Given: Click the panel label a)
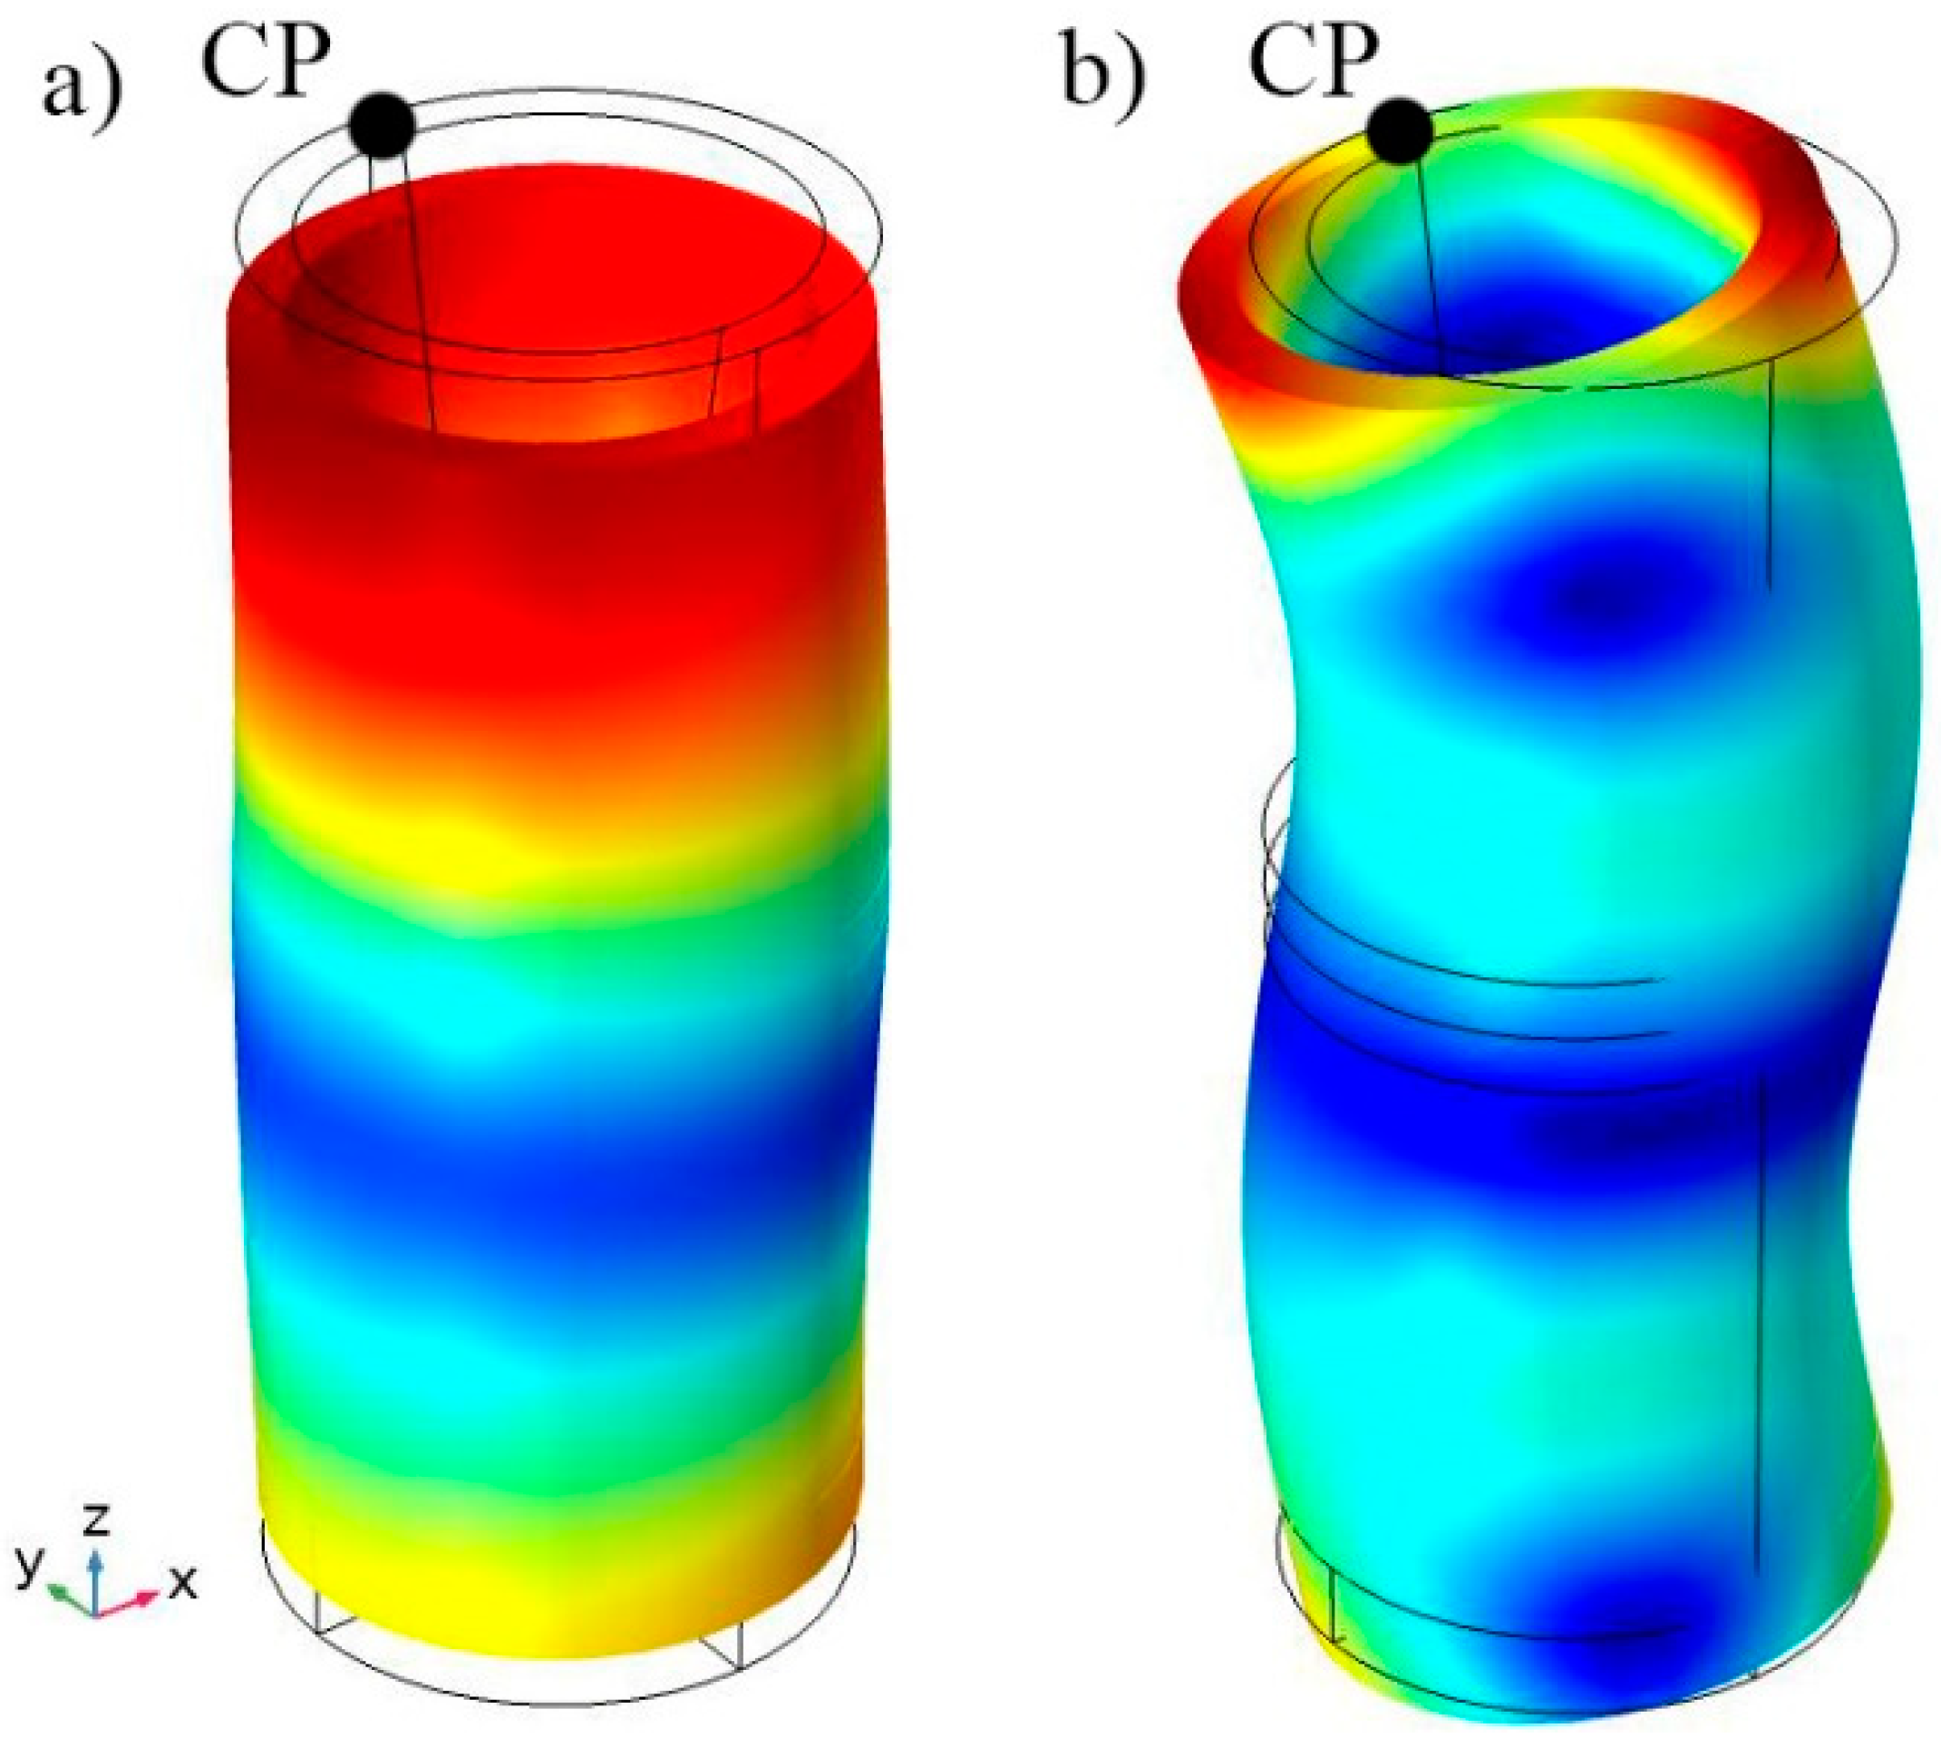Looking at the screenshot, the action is [82, 89].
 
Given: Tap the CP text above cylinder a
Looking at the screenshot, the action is [266, 61].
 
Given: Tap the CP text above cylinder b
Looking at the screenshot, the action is [1314, 61].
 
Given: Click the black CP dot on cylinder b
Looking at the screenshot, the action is [1400, 131].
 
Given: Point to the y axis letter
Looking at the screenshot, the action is [30, 1568].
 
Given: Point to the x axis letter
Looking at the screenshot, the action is [183, 1582].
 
